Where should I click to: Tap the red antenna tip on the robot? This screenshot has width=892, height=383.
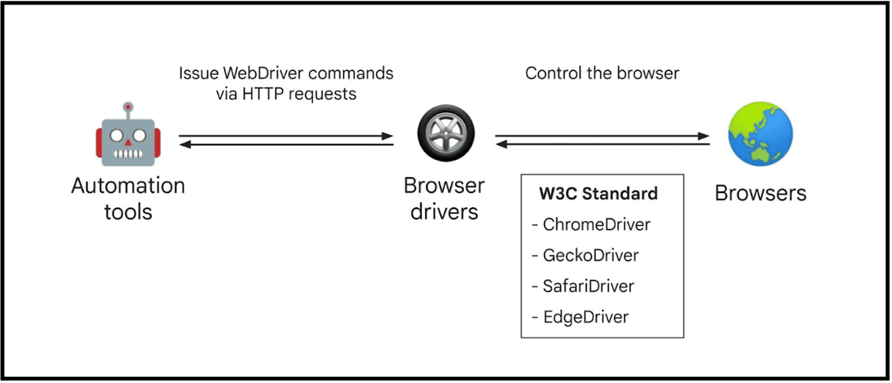(128, 106)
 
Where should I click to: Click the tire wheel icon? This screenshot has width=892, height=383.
(446, 133)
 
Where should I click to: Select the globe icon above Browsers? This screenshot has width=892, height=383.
(760, 134)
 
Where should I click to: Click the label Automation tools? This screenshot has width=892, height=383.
(128, 198)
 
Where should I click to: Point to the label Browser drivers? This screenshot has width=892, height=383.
(444, 198)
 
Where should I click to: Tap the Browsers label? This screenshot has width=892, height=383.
(760, 193)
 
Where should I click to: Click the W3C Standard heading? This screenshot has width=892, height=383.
(598, 193)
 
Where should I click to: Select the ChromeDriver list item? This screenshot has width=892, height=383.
(596, 225)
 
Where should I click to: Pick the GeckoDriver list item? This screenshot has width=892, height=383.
(590, 255)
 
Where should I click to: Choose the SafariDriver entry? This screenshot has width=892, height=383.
(588, 286)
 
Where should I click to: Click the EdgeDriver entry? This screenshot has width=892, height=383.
(585, 317)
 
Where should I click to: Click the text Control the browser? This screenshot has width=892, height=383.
(602, 74)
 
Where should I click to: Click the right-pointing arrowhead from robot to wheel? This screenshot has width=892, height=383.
(388, 136)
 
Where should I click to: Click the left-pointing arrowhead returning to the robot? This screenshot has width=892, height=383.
(185, 144)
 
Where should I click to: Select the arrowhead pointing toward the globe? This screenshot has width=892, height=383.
(704, 136)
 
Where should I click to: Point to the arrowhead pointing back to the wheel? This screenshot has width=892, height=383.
(501, 144)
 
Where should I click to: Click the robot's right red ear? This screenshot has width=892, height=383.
(157, 142)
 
